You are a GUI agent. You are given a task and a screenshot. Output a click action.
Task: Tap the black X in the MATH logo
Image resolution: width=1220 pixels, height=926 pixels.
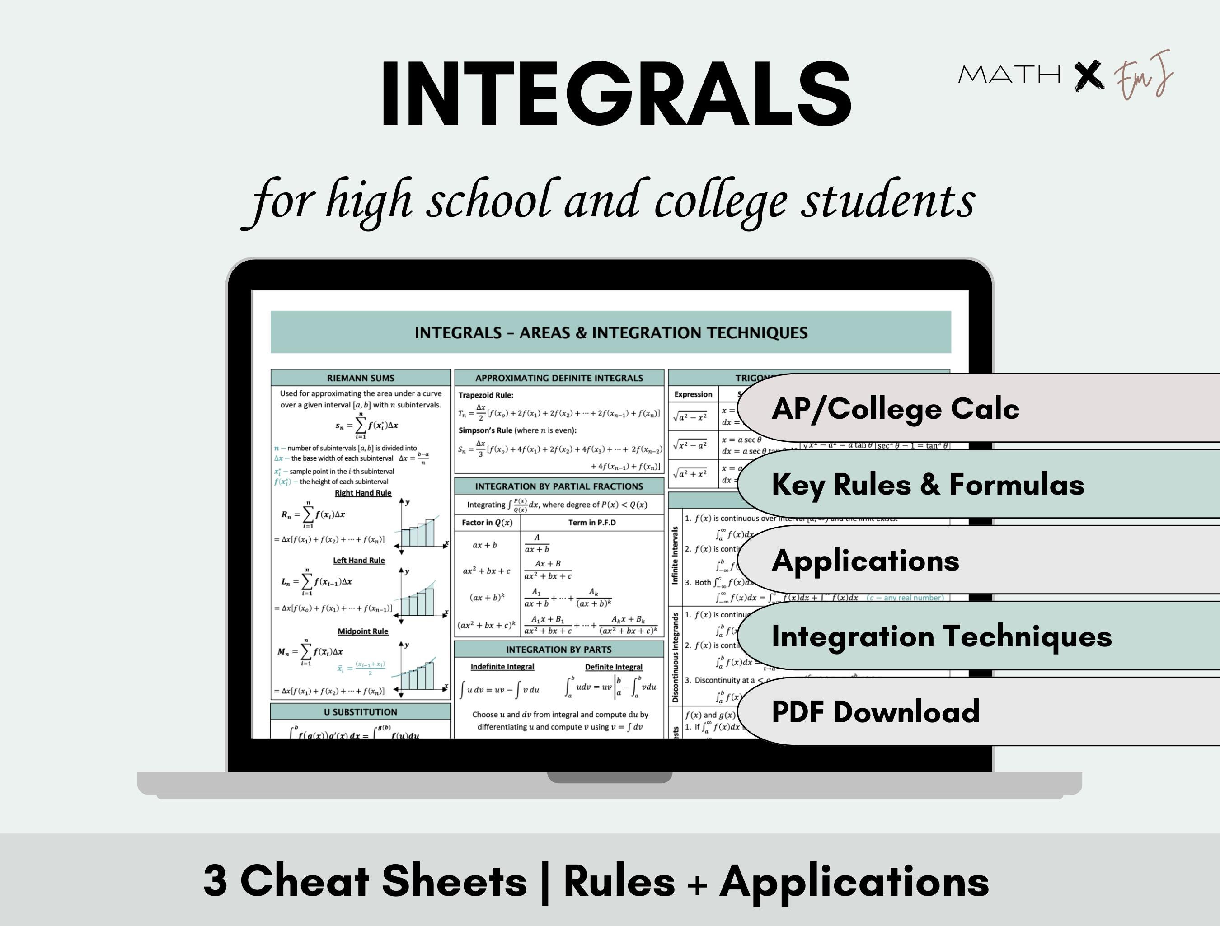(x=1089, y=76)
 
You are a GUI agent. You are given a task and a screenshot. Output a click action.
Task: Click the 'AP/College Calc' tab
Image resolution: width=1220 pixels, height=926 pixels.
(x=895, y=409)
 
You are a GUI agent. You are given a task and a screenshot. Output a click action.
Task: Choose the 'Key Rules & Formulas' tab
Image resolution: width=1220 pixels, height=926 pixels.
(x=928, y=484)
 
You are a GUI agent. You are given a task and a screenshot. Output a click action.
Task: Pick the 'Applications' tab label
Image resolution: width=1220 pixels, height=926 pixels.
(x=865, y=561)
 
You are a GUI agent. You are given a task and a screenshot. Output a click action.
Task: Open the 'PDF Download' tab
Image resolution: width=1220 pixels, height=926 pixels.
(x=875, y=711)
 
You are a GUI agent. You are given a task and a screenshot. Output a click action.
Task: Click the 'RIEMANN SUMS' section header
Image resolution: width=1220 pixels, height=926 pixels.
(x=361, y=378)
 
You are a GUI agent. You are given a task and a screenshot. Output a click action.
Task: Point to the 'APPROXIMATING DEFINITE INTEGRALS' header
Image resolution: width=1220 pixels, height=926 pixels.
(x=558, y=378)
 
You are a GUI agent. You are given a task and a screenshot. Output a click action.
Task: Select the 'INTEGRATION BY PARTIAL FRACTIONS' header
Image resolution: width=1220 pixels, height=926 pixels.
(x=558, y=486)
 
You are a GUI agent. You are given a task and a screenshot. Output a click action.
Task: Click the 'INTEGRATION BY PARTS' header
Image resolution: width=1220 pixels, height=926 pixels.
(x=558, y=649)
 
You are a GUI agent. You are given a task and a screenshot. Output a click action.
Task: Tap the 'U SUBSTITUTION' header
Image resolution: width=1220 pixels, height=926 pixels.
(x=361, y=712)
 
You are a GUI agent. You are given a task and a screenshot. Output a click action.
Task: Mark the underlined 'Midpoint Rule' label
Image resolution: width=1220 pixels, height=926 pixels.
(x=363, y=631)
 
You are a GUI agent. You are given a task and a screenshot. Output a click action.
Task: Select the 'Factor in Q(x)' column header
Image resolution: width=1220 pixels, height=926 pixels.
(x=487, y=522)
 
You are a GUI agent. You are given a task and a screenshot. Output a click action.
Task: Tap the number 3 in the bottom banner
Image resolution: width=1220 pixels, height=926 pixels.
(x=216, y=881)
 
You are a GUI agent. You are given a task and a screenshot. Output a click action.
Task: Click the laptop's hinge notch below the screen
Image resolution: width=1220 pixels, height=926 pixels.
(x=610, y=777)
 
